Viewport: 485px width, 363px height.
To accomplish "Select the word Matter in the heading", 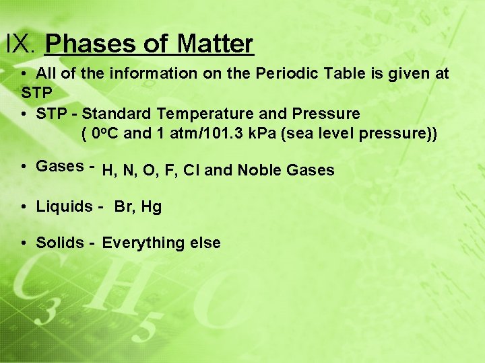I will [x=216, y=44].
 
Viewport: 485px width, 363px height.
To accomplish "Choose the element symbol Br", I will [x=124, y=206].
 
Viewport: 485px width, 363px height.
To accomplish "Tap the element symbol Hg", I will [x=152, y=207].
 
